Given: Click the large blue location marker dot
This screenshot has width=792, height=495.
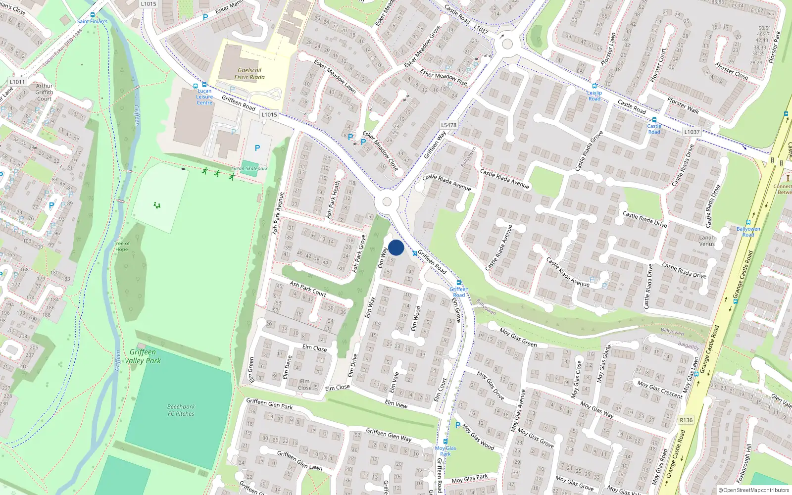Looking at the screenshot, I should click(396, 247).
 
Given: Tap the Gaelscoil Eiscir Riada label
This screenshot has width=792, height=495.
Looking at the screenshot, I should click(249, 74).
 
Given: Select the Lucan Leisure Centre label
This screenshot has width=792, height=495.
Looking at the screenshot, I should click(204, 97).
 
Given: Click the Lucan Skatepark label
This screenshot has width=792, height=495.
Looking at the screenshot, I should click(249, 169).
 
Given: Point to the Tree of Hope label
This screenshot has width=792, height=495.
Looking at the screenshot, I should click(122, 246).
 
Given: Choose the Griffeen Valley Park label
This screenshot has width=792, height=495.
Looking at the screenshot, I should click(143, 356).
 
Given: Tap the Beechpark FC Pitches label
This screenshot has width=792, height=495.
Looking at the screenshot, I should click(181, 410).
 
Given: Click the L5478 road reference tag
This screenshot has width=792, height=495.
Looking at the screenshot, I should click(448, 125).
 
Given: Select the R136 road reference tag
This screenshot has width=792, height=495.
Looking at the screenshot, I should click(686, 420).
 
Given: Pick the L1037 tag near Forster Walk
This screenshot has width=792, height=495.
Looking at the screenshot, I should click(692, 132).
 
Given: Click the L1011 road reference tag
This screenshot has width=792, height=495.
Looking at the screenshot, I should click(17, 82).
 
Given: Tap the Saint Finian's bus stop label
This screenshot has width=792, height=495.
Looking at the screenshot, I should click(92, 21).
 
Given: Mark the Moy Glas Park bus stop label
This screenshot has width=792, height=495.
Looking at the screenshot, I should click(445, 451).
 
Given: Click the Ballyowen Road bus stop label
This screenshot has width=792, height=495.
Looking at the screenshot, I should click(748, 232).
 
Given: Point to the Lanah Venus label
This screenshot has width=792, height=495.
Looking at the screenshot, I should click(707, 241).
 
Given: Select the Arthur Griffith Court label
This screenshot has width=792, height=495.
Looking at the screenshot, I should click(44, 92).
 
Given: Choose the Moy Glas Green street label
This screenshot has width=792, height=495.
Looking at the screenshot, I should click(518, 338).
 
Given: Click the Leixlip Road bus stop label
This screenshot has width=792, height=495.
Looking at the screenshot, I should click(594, 96).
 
